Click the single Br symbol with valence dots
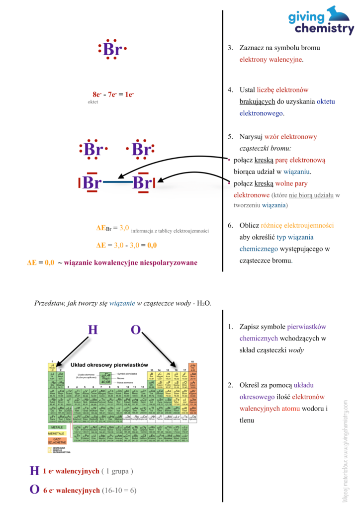pos(113,50)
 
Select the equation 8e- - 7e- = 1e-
pos(113,94)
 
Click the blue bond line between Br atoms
pos(118,183)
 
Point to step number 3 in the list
pos(230,48)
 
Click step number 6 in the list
pos(230,225)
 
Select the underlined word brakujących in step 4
pos(258,102)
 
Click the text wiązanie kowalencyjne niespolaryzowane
pos(130,262)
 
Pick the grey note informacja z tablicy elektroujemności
pos(170,231)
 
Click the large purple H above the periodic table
pos(93,330)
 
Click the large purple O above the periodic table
pos(136,330)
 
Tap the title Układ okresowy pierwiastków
pos(109,365)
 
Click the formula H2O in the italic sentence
pos(204,303)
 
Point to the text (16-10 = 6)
pos(119,490)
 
